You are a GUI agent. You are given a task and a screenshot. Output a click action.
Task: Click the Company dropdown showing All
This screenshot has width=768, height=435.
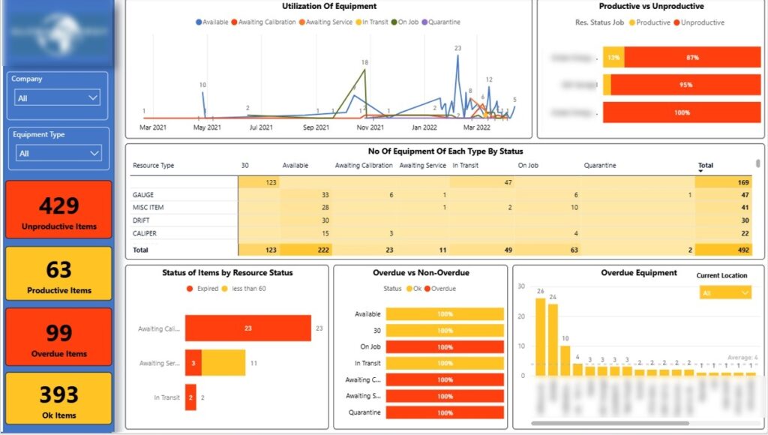tap(58, 97)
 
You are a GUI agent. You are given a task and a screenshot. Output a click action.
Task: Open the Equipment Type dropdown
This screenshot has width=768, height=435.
tap(58, 153)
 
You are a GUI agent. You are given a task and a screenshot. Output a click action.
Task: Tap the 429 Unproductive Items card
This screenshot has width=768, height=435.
tap(58, 210)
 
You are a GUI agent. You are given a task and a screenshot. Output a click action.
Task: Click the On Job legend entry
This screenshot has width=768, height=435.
tap(406, 22)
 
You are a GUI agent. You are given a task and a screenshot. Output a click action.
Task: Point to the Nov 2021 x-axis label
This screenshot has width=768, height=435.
tap(370, 128)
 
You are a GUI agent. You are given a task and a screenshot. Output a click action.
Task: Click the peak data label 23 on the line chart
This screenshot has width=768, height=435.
tap(457, 48)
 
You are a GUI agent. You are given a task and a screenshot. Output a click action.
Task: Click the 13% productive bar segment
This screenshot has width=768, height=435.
tap(613, 57)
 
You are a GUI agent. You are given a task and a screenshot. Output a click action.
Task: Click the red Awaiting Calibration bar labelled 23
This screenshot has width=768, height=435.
tap(247, 328)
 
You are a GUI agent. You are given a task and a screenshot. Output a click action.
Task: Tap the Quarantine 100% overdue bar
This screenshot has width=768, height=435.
tap(445, 412)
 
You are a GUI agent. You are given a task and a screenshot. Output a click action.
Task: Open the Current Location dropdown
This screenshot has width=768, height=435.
tap(724, 293)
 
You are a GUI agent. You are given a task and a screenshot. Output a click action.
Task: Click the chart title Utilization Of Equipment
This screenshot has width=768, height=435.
tap(328, 7)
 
